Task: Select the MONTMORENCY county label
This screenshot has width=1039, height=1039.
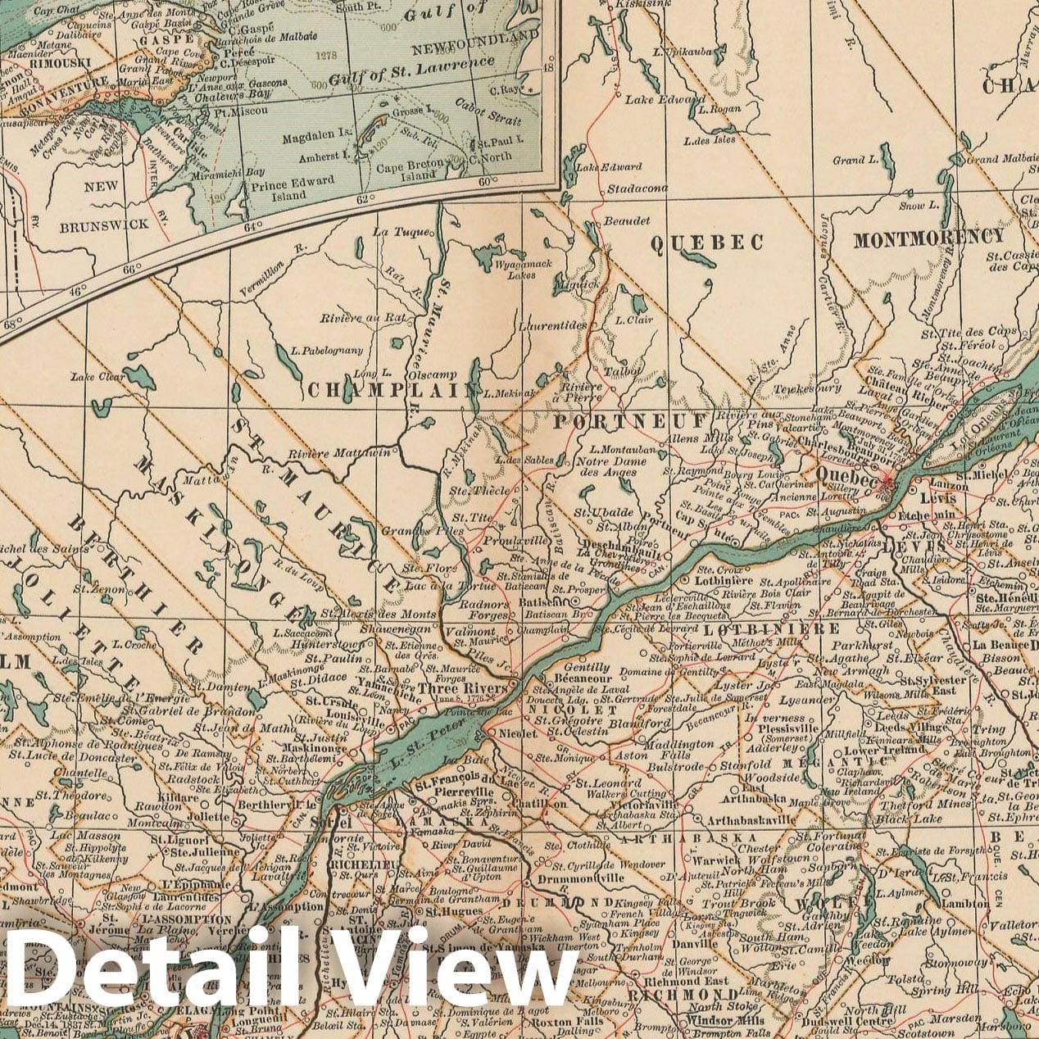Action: tap(928, 238)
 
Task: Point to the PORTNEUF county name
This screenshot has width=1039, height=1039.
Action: tap(629, 421)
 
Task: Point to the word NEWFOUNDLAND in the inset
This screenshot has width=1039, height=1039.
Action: tap(475, 40)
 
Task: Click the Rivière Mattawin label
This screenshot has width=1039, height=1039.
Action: tap(339, 452)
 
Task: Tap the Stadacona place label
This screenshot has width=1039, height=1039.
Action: tap(637, 188)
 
